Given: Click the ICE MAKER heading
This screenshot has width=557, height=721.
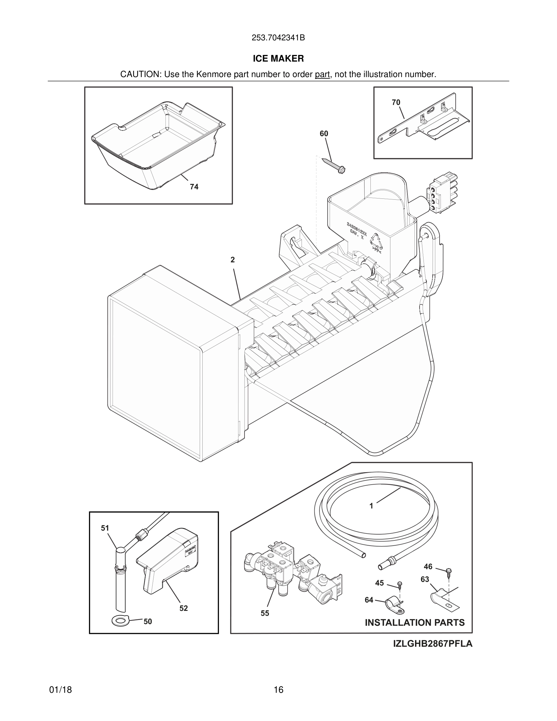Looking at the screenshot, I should (278, 59).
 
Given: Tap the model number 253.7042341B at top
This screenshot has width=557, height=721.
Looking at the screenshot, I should (278, 38).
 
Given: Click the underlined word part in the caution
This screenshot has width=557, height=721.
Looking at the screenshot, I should (322, 75).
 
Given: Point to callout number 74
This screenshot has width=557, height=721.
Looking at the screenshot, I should (194, 187).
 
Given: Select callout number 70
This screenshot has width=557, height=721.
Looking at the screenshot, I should (396, 102).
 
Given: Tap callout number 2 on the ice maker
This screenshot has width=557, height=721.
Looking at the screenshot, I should (233, 260).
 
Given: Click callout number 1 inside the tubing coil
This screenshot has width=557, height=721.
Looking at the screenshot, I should (371, 506).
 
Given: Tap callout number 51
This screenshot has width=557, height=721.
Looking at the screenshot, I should (105, 528).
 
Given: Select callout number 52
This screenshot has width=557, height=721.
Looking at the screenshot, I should (184, 608).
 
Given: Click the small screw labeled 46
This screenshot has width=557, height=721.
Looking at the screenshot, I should (448, 571).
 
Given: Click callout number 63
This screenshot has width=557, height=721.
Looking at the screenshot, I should (425, 579).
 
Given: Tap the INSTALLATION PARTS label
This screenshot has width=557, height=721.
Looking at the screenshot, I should (414, 623).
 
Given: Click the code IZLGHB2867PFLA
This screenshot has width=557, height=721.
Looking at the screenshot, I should (433, 644).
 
